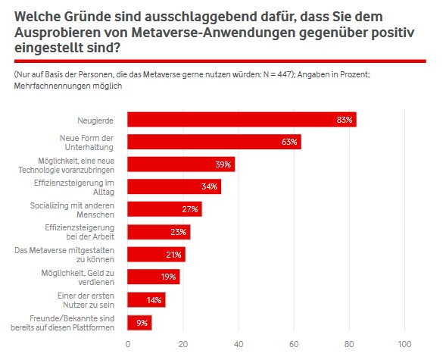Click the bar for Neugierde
[x=242, y=119]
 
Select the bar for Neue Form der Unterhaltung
[x=214, y=142]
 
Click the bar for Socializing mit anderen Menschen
[x=164, y=209]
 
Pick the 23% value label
[x=179, y=232]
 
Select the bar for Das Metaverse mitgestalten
[x=156, y=255]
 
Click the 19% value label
[x=169, y=277]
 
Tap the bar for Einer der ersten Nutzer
[x=146, y=299]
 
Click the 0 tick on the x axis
[x=127, y=344]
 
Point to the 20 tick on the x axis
[x=182, y=344]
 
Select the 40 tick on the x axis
[x=239, y=344]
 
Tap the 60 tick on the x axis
[x=294, y=344]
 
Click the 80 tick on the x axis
[x=350, y=344]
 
